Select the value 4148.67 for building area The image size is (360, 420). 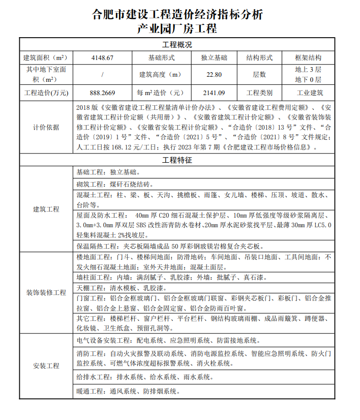102,57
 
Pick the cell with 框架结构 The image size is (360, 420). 308,57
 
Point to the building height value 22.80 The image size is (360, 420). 214,74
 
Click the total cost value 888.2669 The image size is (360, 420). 102,93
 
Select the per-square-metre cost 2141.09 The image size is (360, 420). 214,93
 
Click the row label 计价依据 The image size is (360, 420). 46,127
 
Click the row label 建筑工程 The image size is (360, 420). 46,209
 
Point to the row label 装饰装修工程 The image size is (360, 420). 46,292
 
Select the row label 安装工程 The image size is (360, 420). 46,366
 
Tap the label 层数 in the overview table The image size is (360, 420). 259,74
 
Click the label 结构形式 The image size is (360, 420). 259,57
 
